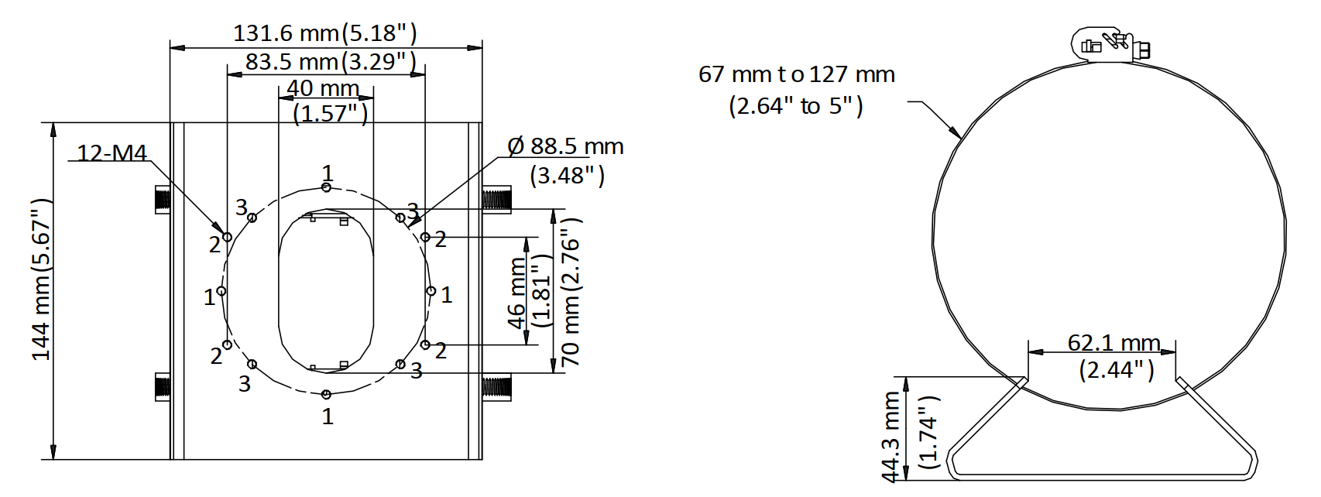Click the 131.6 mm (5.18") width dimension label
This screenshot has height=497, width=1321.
tap(325, 33)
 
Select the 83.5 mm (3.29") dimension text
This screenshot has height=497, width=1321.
tap(331, 61)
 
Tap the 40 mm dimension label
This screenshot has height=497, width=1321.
tap(323, 87)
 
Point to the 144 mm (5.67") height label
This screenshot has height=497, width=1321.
tap(42, 279)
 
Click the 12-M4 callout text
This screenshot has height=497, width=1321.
tap(112, 153)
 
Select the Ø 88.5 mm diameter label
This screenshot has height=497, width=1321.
tap(565, 146)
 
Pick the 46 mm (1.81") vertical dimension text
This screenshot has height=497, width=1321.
tap(530, 293)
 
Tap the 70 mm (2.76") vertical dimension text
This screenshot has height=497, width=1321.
tap(571, 293)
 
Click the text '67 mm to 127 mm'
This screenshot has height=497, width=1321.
tap(797, 74)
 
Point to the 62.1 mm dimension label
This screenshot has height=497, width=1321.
tap(1113, 342)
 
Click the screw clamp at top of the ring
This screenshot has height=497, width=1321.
tap(1110, 44)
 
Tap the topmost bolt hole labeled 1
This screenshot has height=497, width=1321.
tap(326, 187)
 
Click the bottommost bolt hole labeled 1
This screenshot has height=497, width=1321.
tap(326, 394)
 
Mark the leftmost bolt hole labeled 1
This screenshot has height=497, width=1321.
tap(221, 291)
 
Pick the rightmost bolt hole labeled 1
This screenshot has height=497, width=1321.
tap(431, 291)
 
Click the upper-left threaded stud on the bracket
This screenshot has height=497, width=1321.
tap(163, 199)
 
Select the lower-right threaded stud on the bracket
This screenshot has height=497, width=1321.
tap(496, 386)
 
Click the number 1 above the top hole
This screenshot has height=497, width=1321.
tap(328, 173)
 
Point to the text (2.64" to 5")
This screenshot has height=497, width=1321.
tap(796, 105)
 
